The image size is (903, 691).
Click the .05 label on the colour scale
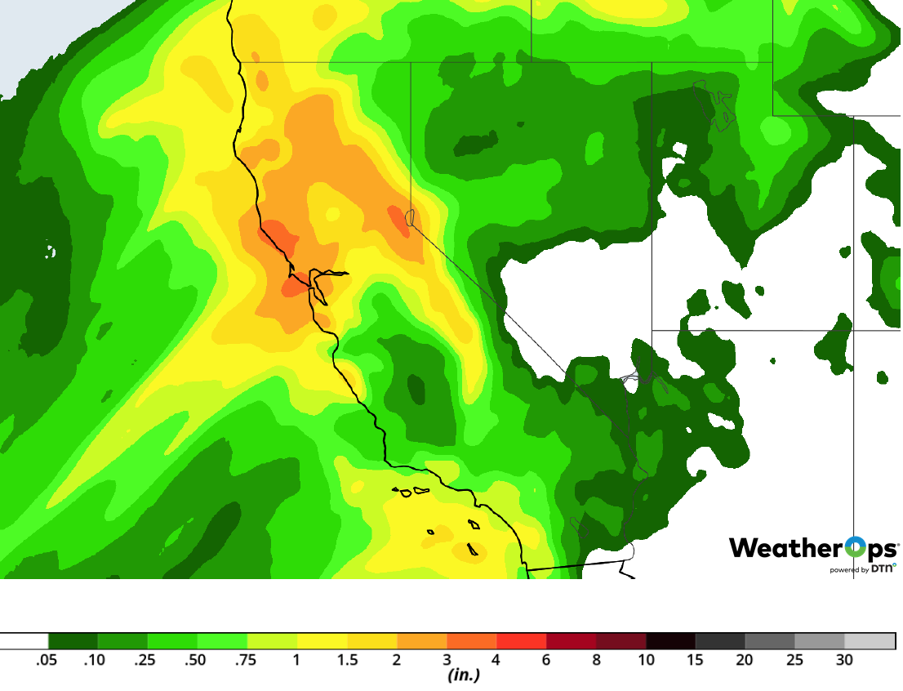click(x=46, y=660)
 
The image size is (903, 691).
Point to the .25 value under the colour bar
click(x=145, y=660)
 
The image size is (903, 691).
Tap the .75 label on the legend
click(x=245, y=660)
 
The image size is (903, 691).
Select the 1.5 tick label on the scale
click(x=347, y=660)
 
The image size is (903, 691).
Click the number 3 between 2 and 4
click(x=447, y=660)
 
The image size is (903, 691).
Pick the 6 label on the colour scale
click(x=546, y=660)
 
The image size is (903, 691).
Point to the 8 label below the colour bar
click(x=596, y=660)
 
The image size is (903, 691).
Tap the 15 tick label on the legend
click(x=696, y=660)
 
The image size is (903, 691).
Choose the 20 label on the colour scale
click(x=745, y=660)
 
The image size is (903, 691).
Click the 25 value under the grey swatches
click(x=794, y=660)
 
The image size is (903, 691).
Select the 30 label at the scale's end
click(x=844, y=660)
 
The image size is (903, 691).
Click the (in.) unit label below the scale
click(x=464, y=675)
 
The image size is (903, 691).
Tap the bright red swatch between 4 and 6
click(x=522, y=641)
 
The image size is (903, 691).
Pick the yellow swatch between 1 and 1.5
click(x=322, y=641)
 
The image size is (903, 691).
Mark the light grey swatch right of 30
click(x=870, y=641)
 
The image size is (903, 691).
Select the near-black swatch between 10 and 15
click(x=671, y=641)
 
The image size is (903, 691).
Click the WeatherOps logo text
click(x=813, y=548)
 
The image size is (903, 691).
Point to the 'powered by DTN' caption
click(x=862, y=569)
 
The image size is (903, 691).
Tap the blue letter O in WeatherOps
click(x=856, y=547)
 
